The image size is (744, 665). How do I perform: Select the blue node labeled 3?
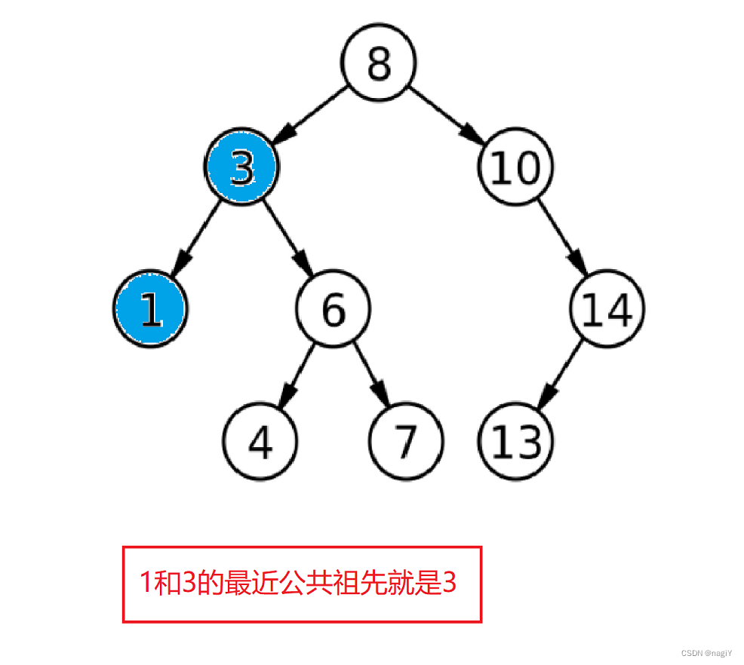(x=241, y=168)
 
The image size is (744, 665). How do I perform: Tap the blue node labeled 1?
(x=151, y=309)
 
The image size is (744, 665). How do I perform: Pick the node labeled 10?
(x=515, y=167)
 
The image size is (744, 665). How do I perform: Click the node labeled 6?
(x=333, y=309)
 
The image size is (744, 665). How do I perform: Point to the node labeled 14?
(x=607, y=309)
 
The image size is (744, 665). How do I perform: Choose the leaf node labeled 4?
(x=260, y=441)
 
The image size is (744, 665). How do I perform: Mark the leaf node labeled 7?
(x=406, y=441)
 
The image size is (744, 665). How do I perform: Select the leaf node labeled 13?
(x=516, y=441)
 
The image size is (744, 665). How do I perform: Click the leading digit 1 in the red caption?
(x=146, y=583)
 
